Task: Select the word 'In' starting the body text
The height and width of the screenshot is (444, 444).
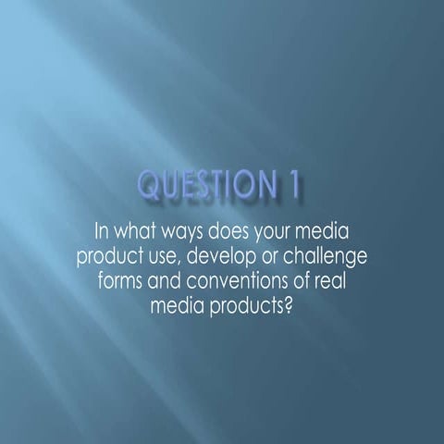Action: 104,230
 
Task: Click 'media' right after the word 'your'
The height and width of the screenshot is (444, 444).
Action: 332,230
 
